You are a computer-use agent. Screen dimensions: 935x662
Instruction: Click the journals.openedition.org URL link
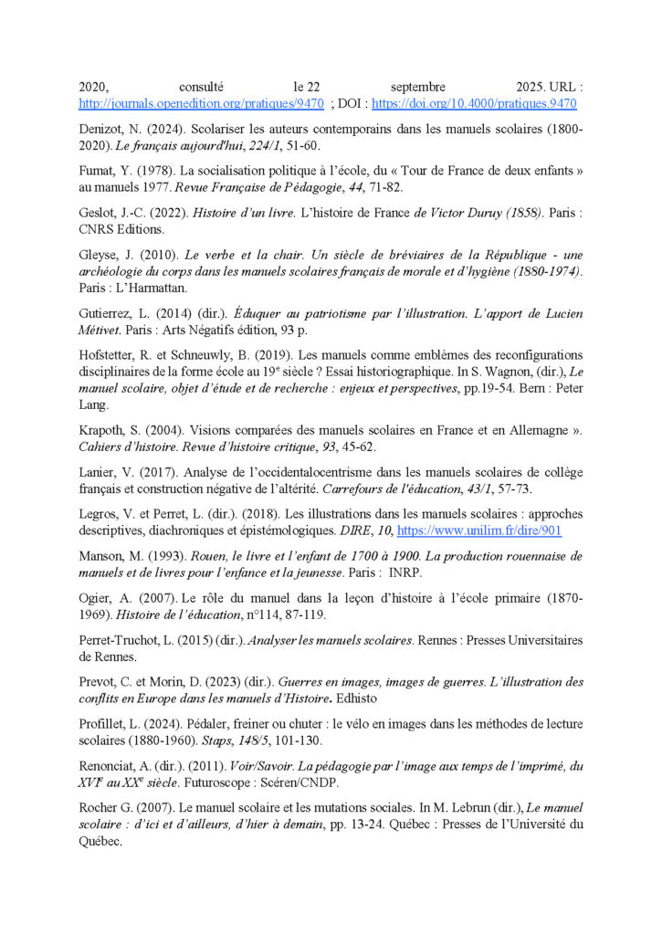(201, 104)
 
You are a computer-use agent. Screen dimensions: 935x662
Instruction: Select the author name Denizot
(102, 131)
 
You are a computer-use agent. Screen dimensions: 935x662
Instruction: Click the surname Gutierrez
(106, 313)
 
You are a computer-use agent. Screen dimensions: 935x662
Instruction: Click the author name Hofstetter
(111, 355)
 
